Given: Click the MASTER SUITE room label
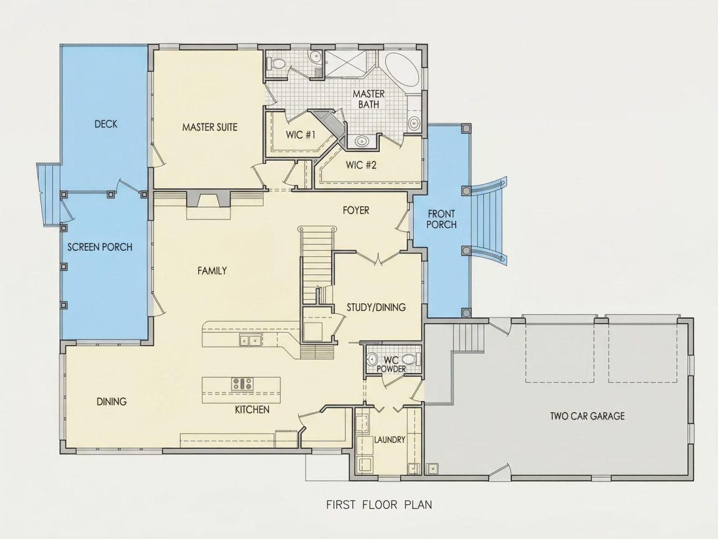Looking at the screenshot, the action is tap(210, 127).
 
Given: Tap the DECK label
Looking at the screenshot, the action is tap(106, 123).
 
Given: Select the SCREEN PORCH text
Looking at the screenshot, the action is tap(100, 247).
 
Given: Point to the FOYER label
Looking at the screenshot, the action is tap(356, 210).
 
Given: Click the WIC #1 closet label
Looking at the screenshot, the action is tap(301, 135).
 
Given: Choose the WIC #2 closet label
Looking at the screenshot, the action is tap(362, 165).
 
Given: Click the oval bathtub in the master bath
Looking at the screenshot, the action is tap(402, 72).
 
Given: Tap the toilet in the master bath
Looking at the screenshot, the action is tap(276, 64).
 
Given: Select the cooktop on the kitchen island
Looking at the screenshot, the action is tap(242, 383).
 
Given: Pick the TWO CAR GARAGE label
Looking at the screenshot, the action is tap(587, 416).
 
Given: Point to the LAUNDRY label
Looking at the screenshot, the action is tap(390, 440).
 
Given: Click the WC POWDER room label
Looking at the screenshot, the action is tap(392, 365).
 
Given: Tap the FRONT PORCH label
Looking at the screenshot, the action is tap(441, 219).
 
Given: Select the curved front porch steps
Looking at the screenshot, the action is tap(489, 220).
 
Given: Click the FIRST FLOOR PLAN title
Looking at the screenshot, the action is tap(379, 504).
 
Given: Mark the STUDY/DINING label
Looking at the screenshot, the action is tap(376, 307).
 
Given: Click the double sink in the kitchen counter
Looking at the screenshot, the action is tap(250, 340).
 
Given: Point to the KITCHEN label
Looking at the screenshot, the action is tap(252, 409).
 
